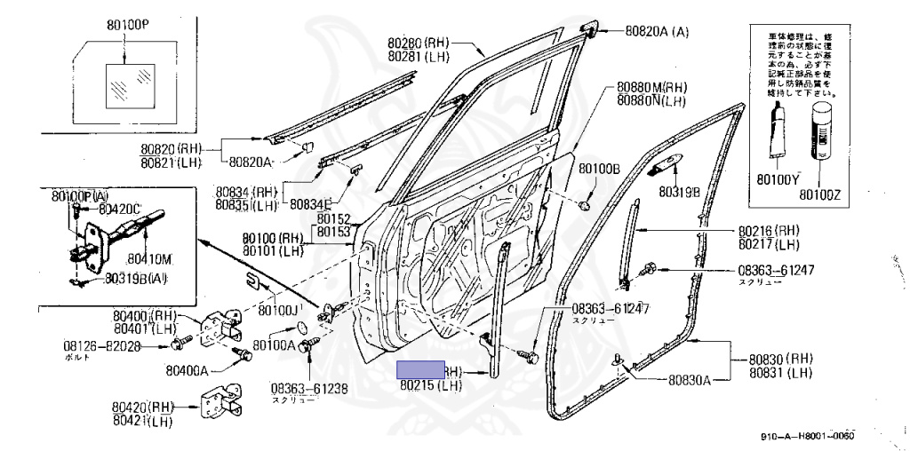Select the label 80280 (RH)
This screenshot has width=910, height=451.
[419, 43]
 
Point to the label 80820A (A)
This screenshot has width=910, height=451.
[657, 31]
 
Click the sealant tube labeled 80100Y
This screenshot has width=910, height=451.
[779, 133]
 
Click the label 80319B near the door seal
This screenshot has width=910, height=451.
[679, 191]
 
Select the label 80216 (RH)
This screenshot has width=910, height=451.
[770, 230]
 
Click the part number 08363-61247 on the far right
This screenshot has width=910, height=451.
[776, 270]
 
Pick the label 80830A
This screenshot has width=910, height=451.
[690, 381]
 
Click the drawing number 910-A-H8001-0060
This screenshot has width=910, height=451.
[807, 437]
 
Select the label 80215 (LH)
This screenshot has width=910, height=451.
[431, 386]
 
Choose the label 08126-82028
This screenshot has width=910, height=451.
[101, 345]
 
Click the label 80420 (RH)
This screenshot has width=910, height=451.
[143, 407]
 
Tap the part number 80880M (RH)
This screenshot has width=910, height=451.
[652, 88]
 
